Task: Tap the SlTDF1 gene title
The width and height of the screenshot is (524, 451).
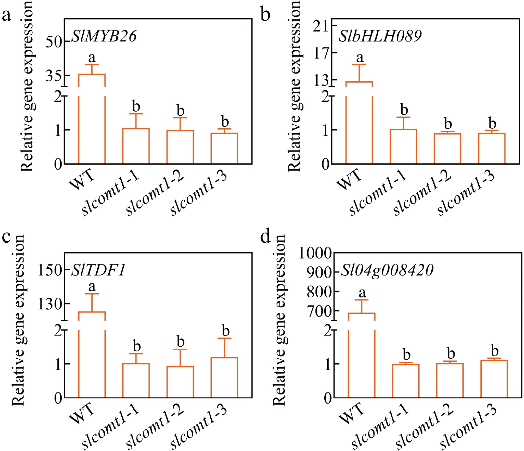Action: pos(99,270)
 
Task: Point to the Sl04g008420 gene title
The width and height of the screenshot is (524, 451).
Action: pos(387,270)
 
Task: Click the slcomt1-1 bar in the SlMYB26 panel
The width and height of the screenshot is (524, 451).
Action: pos(136,146)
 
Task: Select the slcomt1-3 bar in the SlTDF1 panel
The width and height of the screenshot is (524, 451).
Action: pos(224,377)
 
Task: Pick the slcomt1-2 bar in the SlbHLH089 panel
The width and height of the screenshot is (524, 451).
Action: pos(448,148)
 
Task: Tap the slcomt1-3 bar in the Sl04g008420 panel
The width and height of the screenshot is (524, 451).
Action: pos(494,379)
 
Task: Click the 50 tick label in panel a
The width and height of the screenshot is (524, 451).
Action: pos(54,42)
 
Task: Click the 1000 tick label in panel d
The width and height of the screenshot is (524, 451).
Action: pos(315,253)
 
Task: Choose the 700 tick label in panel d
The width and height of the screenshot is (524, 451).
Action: pos(319,311)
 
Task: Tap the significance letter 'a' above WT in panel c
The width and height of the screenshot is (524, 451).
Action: pos(92,287)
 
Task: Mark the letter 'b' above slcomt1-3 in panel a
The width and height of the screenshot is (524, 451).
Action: pos(225,121)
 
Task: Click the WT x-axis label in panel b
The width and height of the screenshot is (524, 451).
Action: pos(349,179)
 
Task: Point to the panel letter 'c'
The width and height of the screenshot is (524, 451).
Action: pos(6,236)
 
